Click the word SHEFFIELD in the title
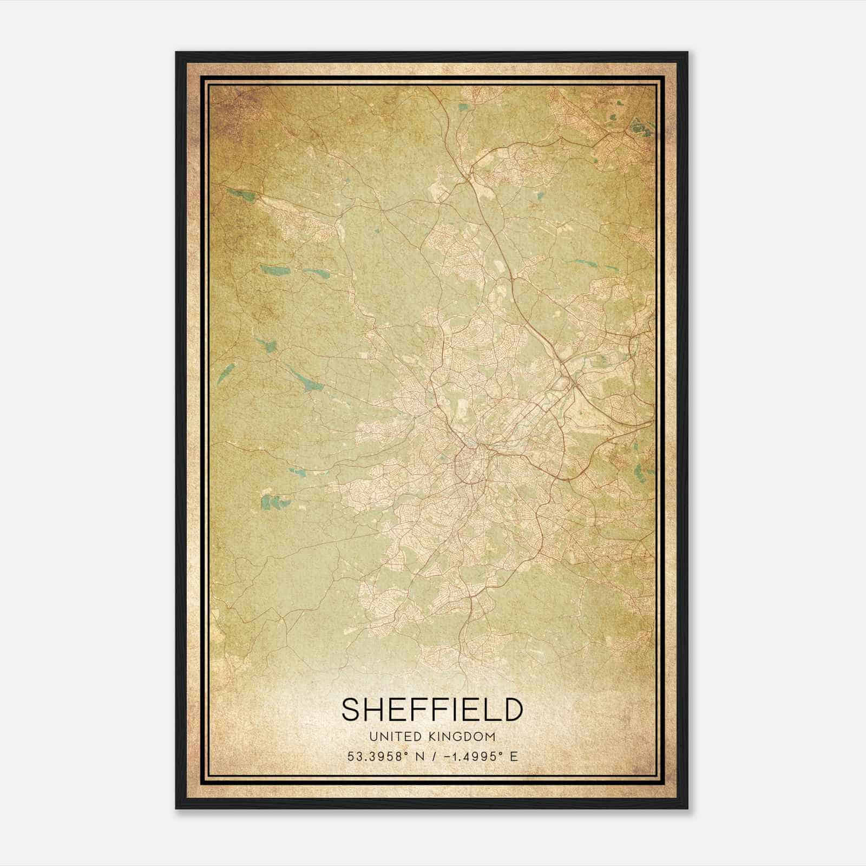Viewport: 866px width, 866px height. point(432,710)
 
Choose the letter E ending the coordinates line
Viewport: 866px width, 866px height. point(514,757)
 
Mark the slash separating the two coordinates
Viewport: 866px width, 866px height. point(434,757)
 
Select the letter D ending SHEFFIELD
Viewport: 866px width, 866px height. point(511,710)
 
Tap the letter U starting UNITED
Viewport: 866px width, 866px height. point(373,737)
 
